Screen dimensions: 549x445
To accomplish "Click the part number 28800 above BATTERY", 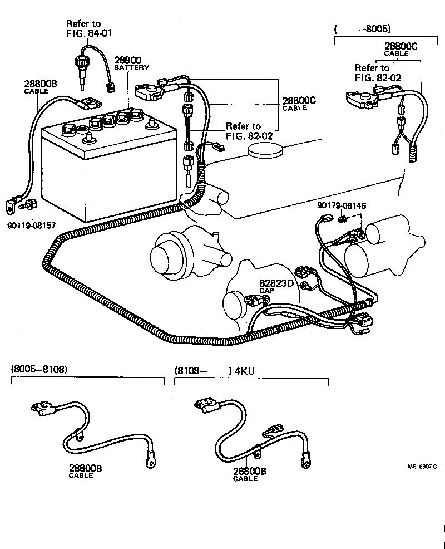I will pyautogui.click(x=127, y=60).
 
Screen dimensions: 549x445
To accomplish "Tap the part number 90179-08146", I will pyautogui.click(x=342, y=205).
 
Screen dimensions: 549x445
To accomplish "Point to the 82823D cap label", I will pyautogui.click(x=276, y=283).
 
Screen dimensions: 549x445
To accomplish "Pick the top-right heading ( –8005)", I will pyautogui.click(x=363, y=28).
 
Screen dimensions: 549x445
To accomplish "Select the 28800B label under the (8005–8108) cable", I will pyautogui.click(x=85, y=469).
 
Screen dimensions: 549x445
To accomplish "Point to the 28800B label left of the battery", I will pyautogui.click(x=40, y=85).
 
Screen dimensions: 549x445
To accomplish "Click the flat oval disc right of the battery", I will pyautogui.click(x=265, y=149).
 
